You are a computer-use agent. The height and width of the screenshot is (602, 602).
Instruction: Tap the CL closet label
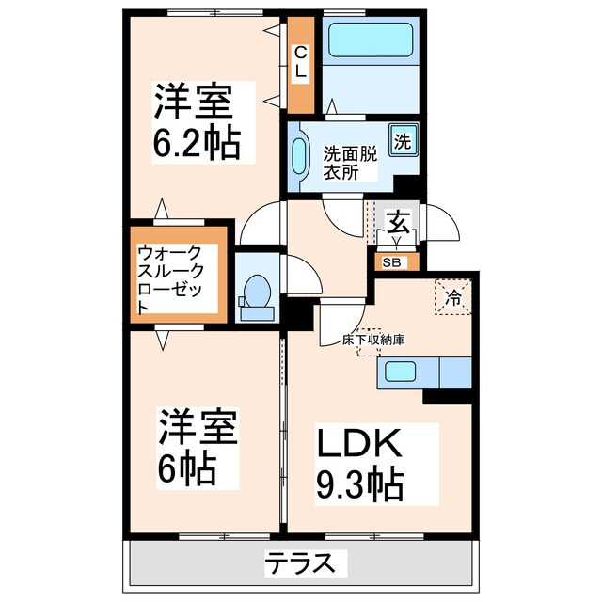pos(300,64)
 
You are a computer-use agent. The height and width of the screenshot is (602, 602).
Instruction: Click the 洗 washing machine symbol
pos(403,143)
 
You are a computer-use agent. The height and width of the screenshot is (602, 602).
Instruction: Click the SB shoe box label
pos(390,262)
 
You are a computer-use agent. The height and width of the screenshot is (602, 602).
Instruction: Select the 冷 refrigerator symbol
pos(452,298)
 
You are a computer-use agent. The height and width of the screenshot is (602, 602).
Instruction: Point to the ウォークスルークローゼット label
pos(176,279)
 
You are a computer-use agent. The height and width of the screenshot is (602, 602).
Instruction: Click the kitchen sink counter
pos(423,373)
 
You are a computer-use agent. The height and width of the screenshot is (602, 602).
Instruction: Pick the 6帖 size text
pos(188,467)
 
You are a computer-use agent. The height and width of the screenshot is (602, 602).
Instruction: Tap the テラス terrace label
pos(300,564)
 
